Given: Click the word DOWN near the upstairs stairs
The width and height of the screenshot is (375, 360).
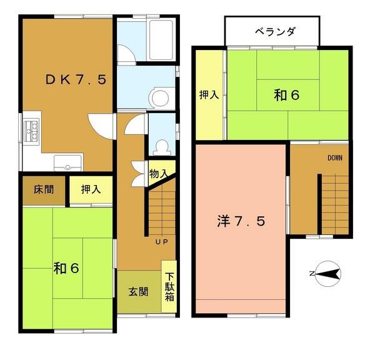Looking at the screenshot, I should coord(335,157).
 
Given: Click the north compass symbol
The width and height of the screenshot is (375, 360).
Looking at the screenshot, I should coord(326,273).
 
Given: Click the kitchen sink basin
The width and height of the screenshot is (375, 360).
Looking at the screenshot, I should coord(67,164).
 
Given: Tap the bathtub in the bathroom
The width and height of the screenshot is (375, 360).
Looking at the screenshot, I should coord(161,39).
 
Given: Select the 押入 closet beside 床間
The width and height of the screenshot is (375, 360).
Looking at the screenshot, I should coord(91,189).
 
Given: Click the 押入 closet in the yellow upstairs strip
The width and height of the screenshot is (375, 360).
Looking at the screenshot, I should coord(208,96).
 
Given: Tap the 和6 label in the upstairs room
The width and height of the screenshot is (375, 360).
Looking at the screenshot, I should coord(286,95).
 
